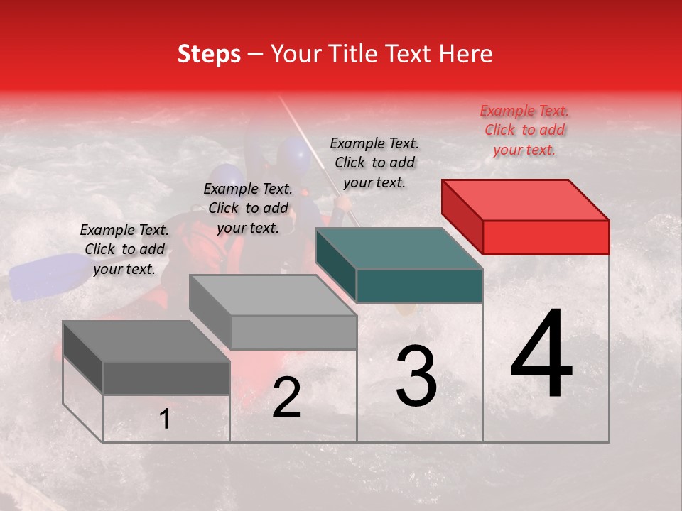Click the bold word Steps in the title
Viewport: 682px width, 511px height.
pos(209,54)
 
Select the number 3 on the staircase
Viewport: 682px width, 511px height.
pos(416,377)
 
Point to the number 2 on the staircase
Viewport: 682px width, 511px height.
pos(287,398)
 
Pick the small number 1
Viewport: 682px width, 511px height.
pos(165,419)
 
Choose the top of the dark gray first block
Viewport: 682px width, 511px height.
pos(146,341)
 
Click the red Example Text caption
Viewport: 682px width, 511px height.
pos(524,130)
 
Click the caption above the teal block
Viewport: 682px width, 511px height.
pos(374,163)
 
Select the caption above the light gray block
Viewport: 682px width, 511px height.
pos(248,208)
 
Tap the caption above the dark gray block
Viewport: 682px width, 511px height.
pos(124,249)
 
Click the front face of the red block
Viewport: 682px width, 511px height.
pos(546,237)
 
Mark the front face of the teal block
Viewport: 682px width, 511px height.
pos(419,285)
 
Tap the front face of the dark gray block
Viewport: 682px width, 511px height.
pos(166,378)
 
